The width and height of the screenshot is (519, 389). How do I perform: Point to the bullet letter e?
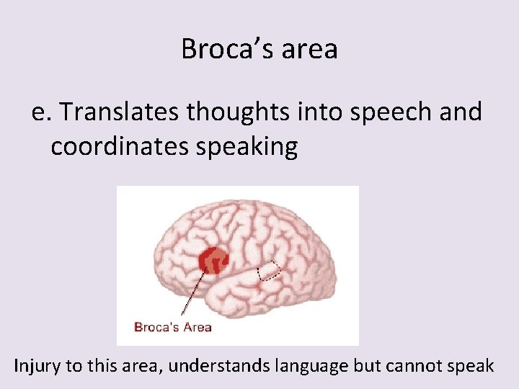pyautogui.click(x=41, y=112)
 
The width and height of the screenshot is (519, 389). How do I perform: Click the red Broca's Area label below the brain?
pyautogui.click(x=173, y=327)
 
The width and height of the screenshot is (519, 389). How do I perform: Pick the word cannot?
pyautogui.click(x=411, y=365)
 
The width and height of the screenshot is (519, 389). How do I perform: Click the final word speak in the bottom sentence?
pyautogui.click(x=469, y=365)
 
